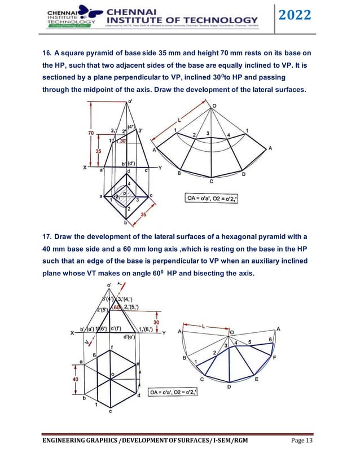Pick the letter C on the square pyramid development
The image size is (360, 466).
pos(211,182)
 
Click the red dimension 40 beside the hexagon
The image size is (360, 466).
pos(75,379)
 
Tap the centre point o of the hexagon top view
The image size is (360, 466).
pos(113,374)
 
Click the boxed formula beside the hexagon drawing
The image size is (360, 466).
pos(173,392)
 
